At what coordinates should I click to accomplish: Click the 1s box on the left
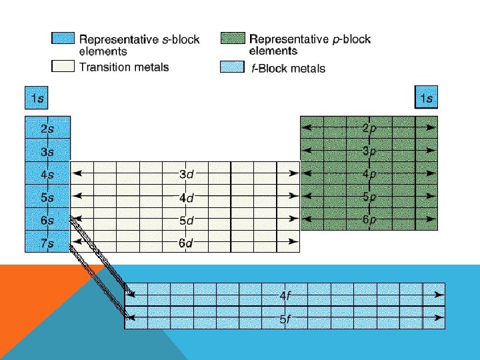click(36, 99)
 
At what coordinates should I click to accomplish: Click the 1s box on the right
click(427, 99)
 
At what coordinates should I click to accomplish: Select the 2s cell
click(47, 128)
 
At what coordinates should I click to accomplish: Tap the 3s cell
click(47, 151)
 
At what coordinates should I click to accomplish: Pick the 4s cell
click(47, 174)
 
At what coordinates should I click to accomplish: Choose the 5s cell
click(47, 197)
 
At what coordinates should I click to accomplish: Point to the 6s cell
click(47, 219)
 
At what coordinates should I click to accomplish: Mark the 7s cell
click(47, 242)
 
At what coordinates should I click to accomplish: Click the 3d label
click(186, 175)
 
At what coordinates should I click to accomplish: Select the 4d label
click(186, 197)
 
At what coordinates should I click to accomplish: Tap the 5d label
click(186, 220)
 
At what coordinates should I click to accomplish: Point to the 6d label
click(186, 243)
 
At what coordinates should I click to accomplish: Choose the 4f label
click(285, 294)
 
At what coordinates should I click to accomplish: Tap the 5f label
click(285, 319)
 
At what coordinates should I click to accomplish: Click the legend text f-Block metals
click(288, 68)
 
